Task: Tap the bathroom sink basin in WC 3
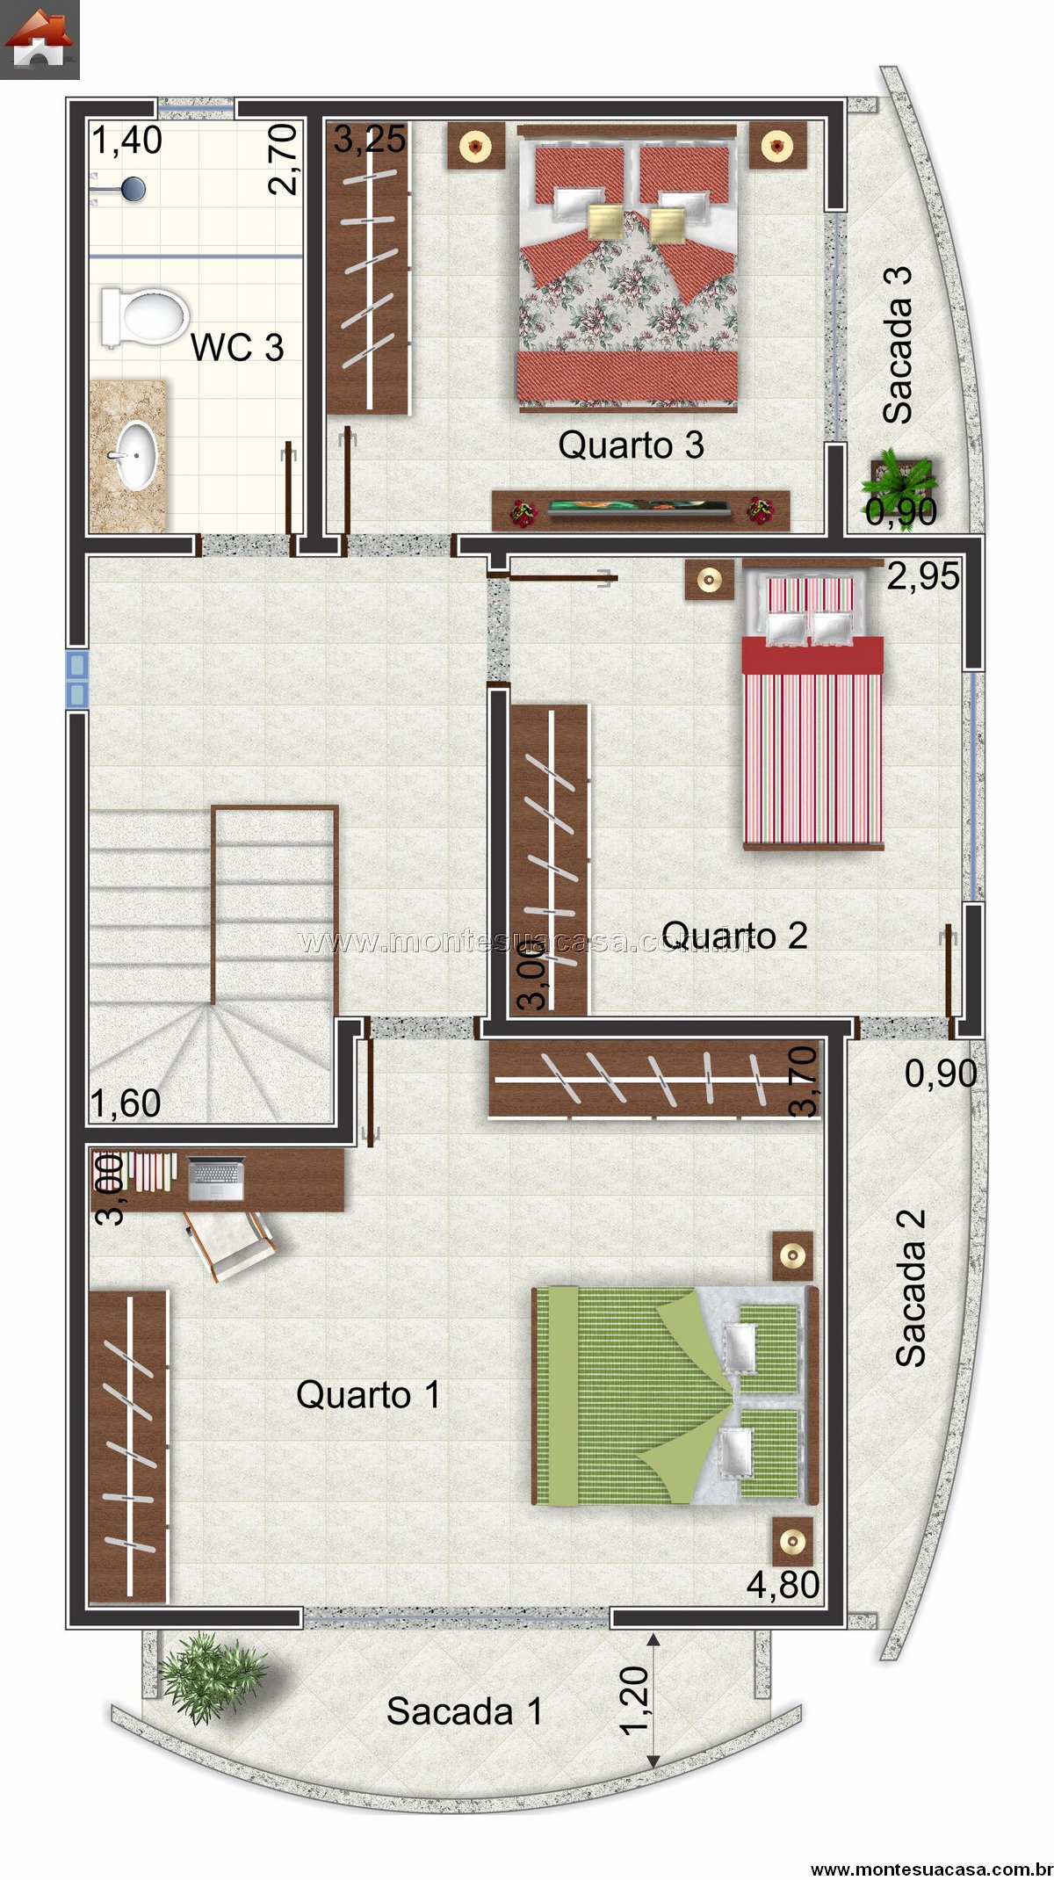coord(137,454)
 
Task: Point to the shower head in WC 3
coord(133,189)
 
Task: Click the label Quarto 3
coord(631,445)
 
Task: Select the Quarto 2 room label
coord(734,935)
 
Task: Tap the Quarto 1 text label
coord(368,1394)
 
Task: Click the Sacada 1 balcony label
coord(465,1710)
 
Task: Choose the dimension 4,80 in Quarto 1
coord(783,1585)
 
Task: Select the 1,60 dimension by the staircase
coord(126,1104)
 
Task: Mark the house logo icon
coord(40,40)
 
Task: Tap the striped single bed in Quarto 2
coord(812,705)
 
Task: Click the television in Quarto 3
coord(639,508)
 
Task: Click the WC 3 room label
coord(237,347)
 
